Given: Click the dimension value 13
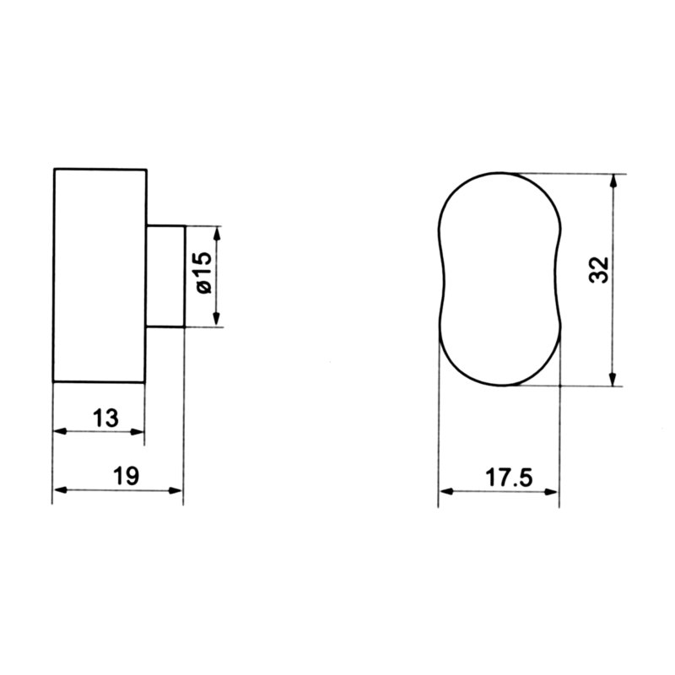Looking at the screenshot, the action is click(105, 418).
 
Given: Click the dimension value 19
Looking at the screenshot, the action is click(126, 476).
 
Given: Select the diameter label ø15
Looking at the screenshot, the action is click(204, 272).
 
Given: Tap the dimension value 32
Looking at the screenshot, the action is click(599, 270).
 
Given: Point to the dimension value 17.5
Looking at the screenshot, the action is click(509, 478).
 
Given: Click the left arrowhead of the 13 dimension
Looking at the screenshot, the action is click(60, 431).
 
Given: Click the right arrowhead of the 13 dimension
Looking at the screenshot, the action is click(137, 431).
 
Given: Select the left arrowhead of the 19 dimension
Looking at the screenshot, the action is click(61, 490).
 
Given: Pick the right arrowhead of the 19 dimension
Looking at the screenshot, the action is click(175, 490).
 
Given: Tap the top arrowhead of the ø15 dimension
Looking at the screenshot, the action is click(217, 234).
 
